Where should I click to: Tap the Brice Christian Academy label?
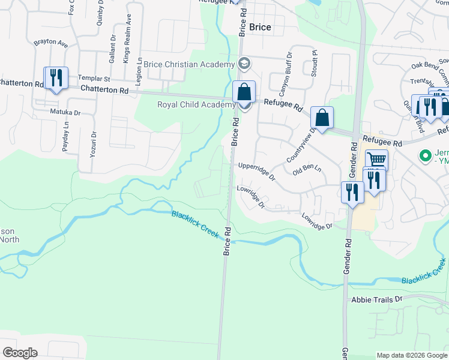coord(189,65)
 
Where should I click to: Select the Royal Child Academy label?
coord(196,104)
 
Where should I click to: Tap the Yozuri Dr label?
coord(93,143)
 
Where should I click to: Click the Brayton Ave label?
coord(50,44)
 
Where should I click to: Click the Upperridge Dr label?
coord(256,171)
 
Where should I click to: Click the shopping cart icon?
coord(376,160)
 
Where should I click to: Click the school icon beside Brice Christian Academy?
coord(244,63)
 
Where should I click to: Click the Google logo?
coord(20,353)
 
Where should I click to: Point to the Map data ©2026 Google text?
coord(411,355)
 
